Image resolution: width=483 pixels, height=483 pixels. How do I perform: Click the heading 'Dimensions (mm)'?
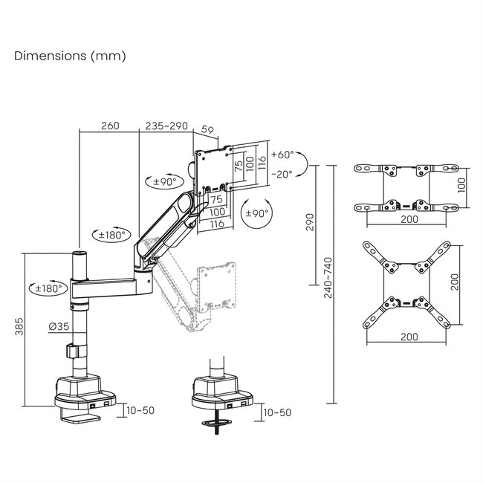tap(70, 56)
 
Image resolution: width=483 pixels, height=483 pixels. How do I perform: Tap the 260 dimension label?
tap(108, 126)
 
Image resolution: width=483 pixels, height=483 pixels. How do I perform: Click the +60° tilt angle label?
tap(283, 155)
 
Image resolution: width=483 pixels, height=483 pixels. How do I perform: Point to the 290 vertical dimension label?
tap(311, 222)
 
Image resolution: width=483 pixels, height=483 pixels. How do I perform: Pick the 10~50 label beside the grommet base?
tap(277, 412)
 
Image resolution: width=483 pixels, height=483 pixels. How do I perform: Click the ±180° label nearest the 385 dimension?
tap(45, 288)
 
